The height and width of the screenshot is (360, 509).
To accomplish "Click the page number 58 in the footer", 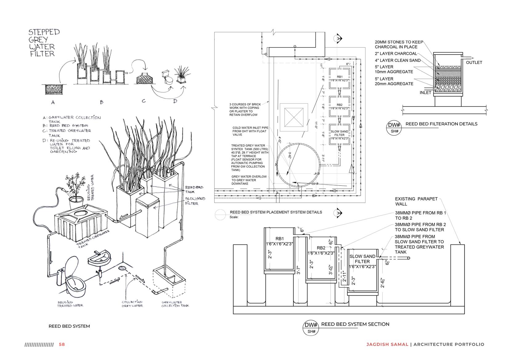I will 62,344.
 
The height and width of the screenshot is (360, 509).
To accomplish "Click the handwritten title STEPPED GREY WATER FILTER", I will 42,43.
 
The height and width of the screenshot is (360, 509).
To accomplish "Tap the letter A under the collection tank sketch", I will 53,102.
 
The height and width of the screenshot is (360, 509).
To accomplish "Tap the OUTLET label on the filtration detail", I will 474,62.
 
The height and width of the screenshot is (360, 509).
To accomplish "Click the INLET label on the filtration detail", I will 426,93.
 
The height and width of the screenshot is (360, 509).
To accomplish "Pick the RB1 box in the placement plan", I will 340,78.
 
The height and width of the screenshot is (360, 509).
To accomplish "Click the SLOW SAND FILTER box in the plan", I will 339,135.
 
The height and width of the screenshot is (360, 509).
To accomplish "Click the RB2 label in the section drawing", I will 321,248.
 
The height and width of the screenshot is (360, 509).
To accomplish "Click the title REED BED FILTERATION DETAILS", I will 441,124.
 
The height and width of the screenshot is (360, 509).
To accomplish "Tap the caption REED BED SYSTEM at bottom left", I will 69,326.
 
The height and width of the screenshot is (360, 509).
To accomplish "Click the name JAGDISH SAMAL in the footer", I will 387,344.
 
